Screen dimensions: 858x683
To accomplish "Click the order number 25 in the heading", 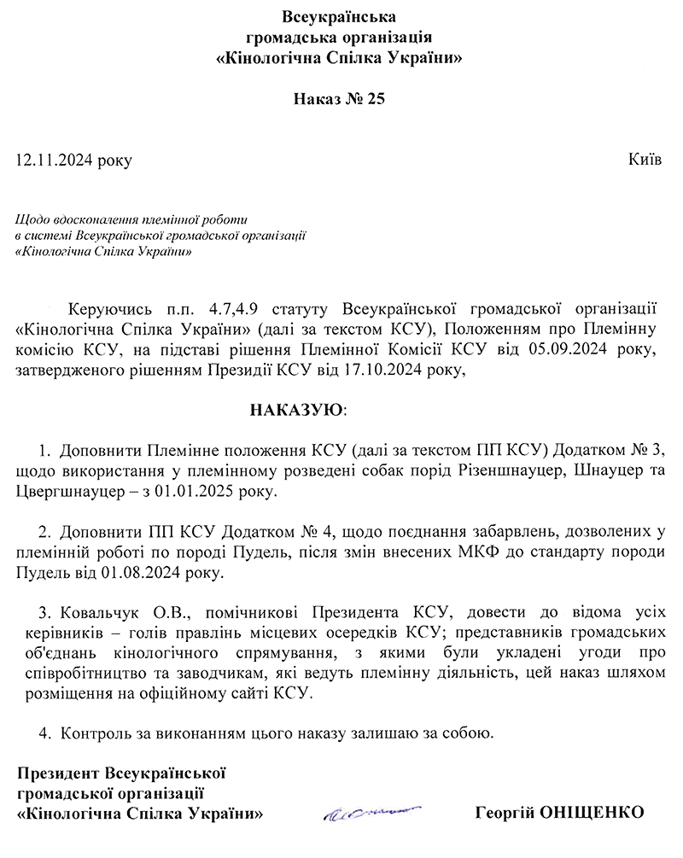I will (377, 99).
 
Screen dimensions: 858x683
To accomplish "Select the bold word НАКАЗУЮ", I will (297, 411).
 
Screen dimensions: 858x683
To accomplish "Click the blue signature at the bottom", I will (372, 812).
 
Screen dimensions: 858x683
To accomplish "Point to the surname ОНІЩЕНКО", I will (593, 811).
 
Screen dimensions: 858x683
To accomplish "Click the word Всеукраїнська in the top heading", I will (340, 16).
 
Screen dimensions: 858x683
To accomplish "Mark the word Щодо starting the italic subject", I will (32, 219).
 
